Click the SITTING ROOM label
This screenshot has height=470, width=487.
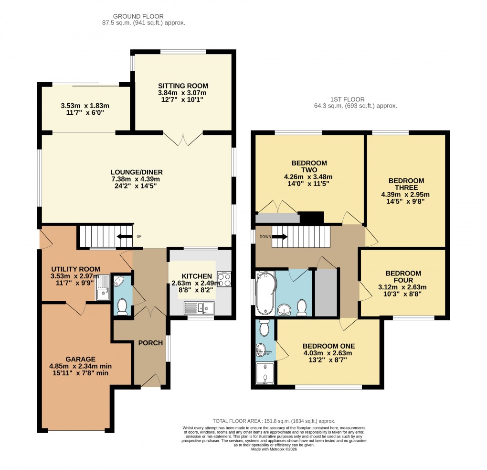[x=183, y=86]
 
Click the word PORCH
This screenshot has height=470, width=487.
[x=150, y=343]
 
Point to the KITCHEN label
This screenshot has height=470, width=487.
[x=196, y=276]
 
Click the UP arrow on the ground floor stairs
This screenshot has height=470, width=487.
[x=126, y=236]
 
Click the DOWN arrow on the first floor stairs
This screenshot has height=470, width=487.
[x=279, y=236]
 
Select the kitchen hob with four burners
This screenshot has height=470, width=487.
[x=224, y=279]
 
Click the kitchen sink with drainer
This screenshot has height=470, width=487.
[x=200, y=308]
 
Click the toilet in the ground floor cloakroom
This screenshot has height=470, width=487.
[x=122, y=306]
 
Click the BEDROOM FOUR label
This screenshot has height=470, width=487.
[x=403, y=277]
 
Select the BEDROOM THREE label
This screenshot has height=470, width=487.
[x=406, y=184]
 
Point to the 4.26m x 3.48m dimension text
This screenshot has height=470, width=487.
[x=308, y=176]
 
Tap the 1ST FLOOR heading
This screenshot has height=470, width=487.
[x=355, y=99]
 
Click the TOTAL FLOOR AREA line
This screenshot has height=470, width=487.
[x=273, y=421]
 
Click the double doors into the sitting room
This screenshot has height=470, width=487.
[x=183, y=139]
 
